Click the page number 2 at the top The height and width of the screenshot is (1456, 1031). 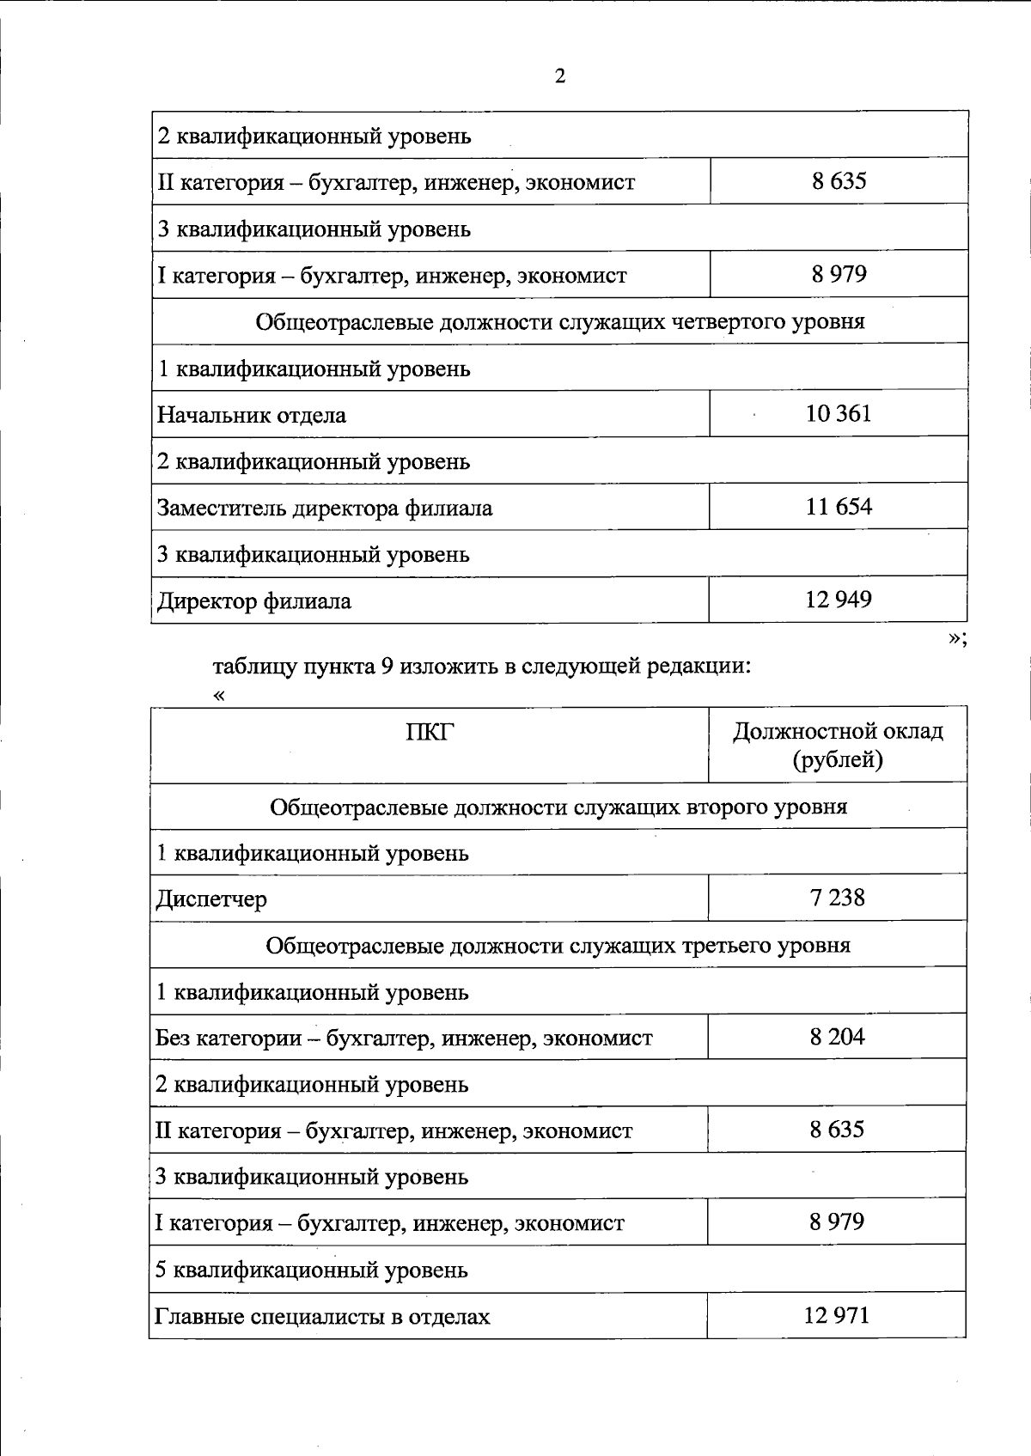click(560, 76)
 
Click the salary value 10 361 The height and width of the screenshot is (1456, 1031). click(839, 414)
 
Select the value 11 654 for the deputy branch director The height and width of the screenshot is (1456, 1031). click(839, 507)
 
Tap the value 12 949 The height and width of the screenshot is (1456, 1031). click(839, 600)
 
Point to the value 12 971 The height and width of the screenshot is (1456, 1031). click(837, 1315)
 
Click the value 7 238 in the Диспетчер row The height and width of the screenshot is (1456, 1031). click(837, 898)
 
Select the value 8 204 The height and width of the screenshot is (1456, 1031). click(837, 1037)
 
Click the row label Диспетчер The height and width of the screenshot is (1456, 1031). click(211, 899)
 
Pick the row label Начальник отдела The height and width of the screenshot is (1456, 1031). click(252, 416)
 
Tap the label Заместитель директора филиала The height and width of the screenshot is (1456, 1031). click(325, 509)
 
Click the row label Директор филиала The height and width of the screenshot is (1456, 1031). click(254, 601)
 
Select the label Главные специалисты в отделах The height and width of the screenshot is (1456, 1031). click(322, 1317)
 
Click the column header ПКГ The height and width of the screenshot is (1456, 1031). click(429, 733)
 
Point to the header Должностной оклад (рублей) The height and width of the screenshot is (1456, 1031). click(838, 745)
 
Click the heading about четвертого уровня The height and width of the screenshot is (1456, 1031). click(560, 322)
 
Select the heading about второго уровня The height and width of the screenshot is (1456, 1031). click(558, 807)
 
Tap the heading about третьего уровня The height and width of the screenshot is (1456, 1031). click(558, 946)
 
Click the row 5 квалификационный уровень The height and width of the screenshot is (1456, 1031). click(312, 1270)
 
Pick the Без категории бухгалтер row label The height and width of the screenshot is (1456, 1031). click(404, 1039)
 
